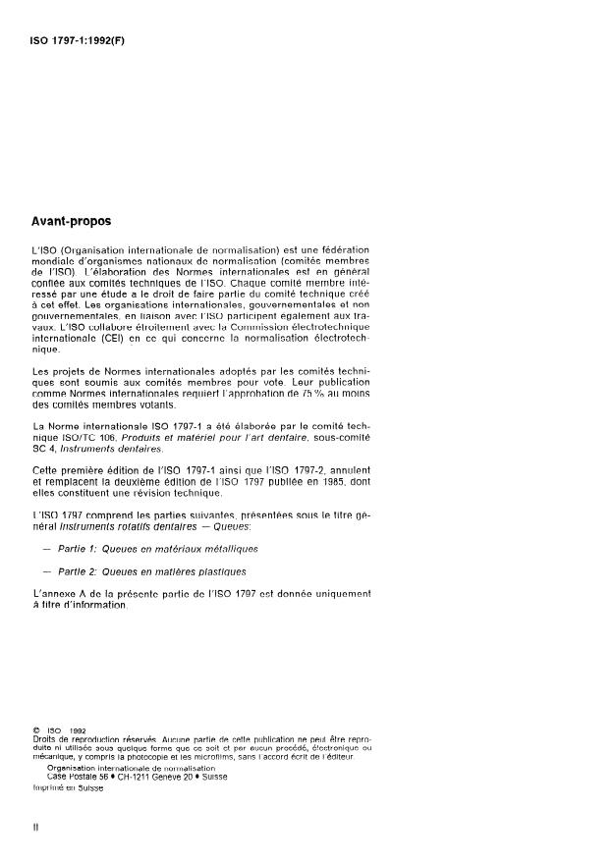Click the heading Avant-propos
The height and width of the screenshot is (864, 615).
[74, 223]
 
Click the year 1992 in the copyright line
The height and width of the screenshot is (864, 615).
[83, 730]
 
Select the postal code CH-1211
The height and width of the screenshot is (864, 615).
[141, 777]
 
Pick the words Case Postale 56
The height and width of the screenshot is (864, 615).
[77, 777]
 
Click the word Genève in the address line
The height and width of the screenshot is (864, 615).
[186, 777]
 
